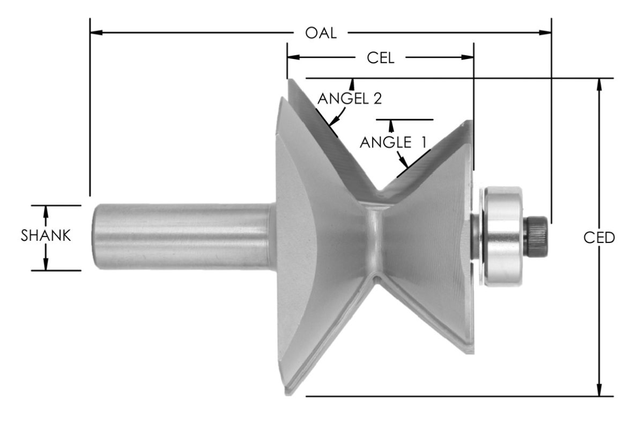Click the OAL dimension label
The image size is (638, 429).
pyautogui.click(x=321, y=33)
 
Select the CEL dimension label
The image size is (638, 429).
pyautogui.click(x=380, y=58)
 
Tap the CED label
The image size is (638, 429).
pyautogui.click(x=598, y=238)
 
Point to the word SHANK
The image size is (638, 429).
pyautogui.click(x=46, y=236)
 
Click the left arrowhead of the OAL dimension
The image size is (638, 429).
pyautogui.click(x=95, y=33)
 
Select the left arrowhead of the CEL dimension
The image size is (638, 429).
pyautogui.click(x=292, y=56)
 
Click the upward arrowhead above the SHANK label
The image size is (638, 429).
pyautogui.click(x=46, y=211)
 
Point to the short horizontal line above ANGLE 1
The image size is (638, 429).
pyautogui.click(x=404, y=119)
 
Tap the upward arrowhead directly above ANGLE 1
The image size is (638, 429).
pyautogui.click(x=391, y=125)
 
